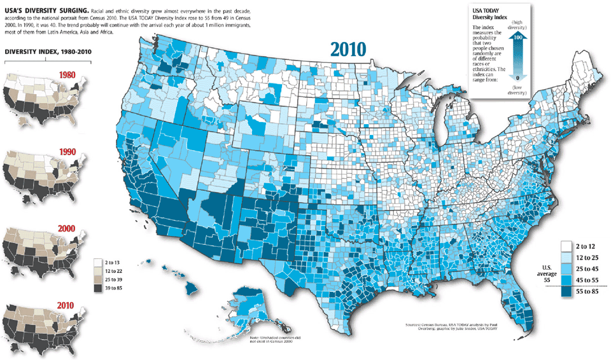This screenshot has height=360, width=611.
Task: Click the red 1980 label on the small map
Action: pyautogui.click(x=67, y=75)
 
